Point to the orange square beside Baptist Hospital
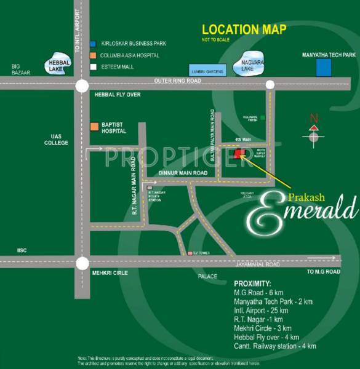pyautogui.click(x=94, y=127)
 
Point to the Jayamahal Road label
pyautogui.click(x=259, y=263)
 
